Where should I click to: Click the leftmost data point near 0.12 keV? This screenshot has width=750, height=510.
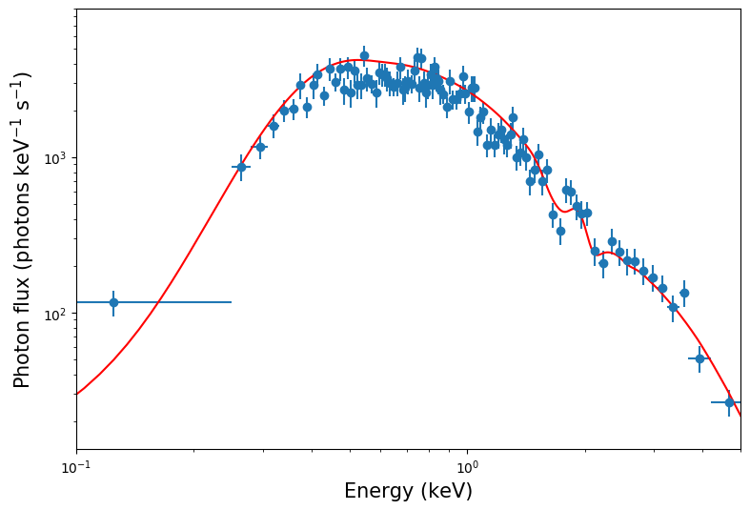pos(113,302)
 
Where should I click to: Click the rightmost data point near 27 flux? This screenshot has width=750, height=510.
pos(729,402)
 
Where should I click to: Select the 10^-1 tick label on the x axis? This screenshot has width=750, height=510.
pos(76,467)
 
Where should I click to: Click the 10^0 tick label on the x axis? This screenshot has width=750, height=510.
pos(467,467)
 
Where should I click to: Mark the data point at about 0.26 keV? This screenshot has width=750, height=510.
pos(241,167)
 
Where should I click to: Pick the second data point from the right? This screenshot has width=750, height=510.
pos(699,358)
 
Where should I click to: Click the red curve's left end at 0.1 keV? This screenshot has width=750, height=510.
pos(77,394)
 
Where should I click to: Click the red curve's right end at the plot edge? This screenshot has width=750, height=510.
pos(740,414)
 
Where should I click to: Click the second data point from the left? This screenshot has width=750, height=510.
pos(241,167)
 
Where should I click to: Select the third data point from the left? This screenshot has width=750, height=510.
pos(260,147)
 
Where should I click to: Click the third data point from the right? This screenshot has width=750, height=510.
pos(684,293)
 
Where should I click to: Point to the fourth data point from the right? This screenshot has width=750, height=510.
pos(673,307)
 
